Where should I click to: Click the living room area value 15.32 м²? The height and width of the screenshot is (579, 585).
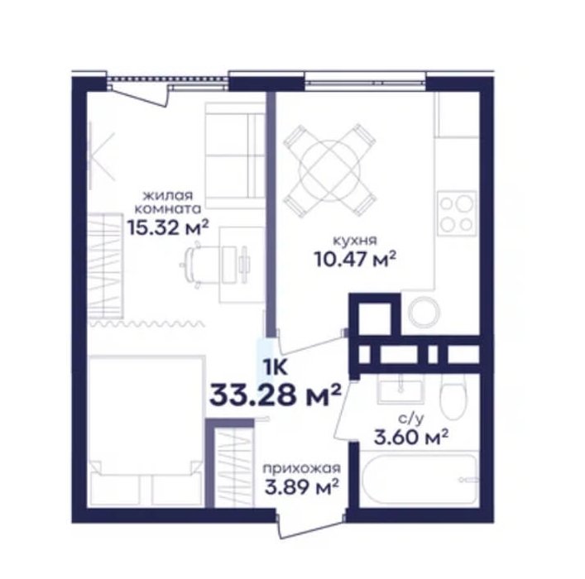click(167, 227)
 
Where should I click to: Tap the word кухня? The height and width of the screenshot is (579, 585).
click(355, 241)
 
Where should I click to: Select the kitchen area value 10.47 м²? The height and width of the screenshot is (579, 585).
click(355, 259)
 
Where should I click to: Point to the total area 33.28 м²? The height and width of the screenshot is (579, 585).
click(276, 395)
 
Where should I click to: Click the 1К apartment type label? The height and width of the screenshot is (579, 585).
click(276, 367)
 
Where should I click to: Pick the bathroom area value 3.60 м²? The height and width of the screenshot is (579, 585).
click(410, 437)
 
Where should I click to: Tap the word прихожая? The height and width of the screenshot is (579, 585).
click(301, 467)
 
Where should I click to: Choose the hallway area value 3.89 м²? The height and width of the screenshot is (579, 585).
click(301, 486)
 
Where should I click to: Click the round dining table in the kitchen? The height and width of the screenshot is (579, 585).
click(330, 171)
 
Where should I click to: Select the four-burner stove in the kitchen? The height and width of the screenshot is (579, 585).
click(457, 213)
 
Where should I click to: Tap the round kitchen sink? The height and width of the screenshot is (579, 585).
click(424, 313)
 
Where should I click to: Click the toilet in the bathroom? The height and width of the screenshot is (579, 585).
click(453, 396)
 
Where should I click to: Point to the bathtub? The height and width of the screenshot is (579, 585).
click(420, 478)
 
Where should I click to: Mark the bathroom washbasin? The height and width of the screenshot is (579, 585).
click(400, 388)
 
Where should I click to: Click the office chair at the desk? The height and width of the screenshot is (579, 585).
click(193, 265)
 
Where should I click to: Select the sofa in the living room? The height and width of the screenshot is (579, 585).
click(235, 156)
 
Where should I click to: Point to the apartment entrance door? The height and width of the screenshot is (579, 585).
click(310, 526)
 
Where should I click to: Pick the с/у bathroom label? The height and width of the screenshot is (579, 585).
click(410, 419)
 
